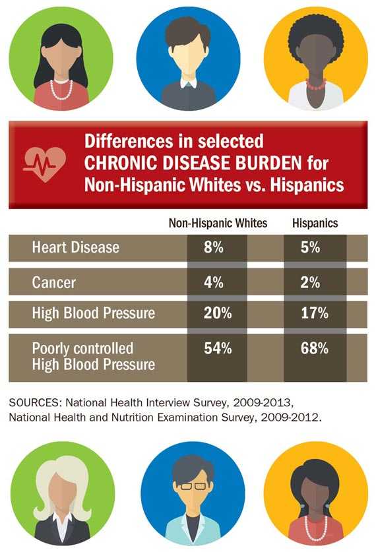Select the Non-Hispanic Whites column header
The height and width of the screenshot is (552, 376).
click(218, 223)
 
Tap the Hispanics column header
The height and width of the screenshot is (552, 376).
click(315, 223)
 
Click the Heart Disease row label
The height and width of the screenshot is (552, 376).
click(76, 248)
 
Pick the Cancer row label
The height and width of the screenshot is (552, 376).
click(54, 282)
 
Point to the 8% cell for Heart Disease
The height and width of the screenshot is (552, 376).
click(217, 248)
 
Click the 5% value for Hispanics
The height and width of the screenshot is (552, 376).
click(315, 248)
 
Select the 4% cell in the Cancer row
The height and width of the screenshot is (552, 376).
click(217, 282)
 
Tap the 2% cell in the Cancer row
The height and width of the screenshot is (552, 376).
click(315, 282)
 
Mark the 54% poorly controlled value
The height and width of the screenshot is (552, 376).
click(217, 349)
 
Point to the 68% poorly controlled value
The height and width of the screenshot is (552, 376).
click(315, 349)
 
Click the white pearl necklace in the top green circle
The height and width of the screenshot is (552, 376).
click(61, 88)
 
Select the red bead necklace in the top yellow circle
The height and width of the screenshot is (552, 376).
click(315, 84)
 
